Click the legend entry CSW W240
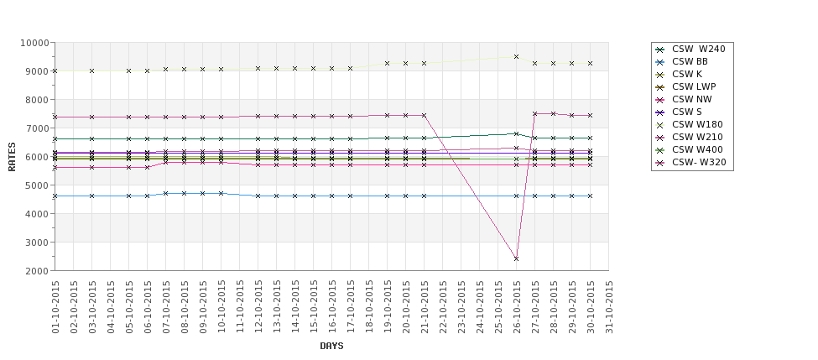[698, 49]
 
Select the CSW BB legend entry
[690, 61]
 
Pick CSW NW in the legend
[691, 99]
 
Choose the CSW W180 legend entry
[697, 124]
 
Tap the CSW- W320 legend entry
[699, 162]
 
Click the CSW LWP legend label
[693, 86]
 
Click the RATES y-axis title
[13, 157]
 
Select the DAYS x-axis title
[331, 346]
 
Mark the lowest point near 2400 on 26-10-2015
[516, 258]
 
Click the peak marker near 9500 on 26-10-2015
[516, 57]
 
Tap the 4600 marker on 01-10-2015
[55, 196]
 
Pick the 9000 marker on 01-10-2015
[55, 71]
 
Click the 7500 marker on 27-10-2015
[534, 113]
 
